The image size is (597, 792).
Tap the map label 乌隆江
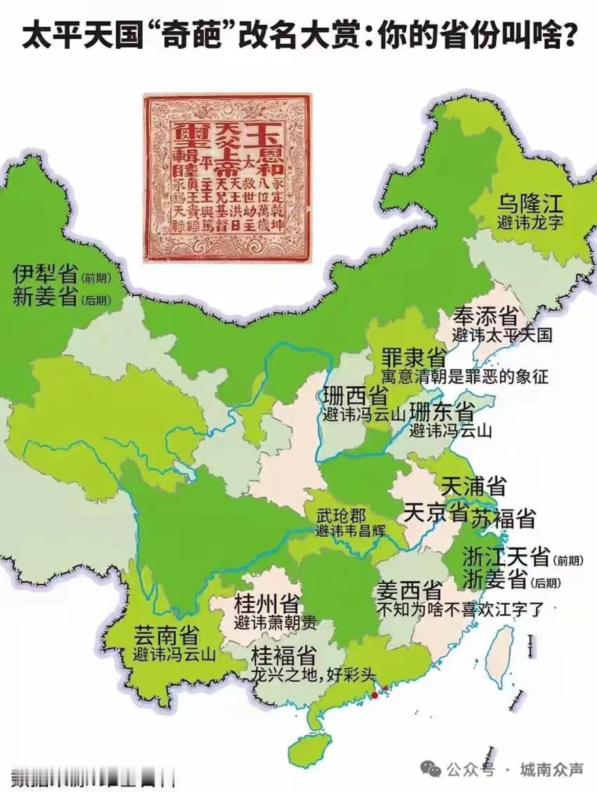click(530, 205)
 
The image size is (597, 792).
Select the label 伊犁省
click(45, 275)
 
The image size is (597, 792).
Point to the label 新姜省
click(45, 298)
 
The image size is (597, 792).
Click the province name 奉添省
click(485, 317)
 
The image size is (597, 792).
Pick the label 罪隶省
click(413, 358)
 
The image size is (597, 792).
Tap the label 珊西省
click(355, 396)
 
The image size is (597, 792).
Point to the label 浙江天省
click(505, 557)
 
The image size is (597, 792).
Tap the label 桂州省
click(267, 605)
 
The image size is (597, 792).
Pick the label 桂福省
click(282, 656)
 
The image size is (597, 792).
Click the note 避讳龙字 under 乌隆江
click(529, 223)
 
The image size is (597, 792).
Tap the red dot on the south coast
click(374, 695)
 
